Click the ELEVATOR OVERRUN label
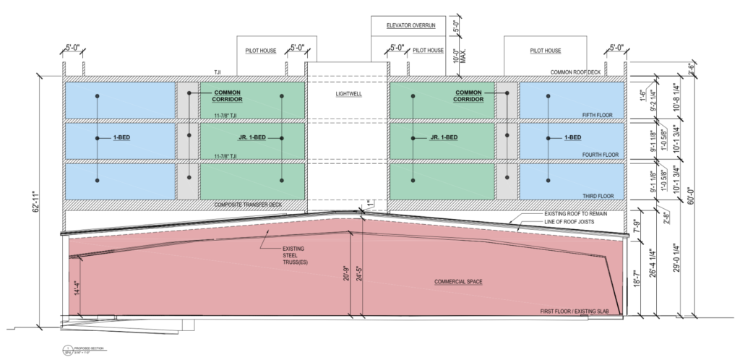click(x=409, y=27)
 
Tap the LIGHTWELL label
click(x=347, y=94)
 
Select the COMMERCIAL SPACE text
click(x=459, y=280)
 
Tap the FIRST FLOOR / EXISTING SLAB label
click(x=581, y=311)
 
